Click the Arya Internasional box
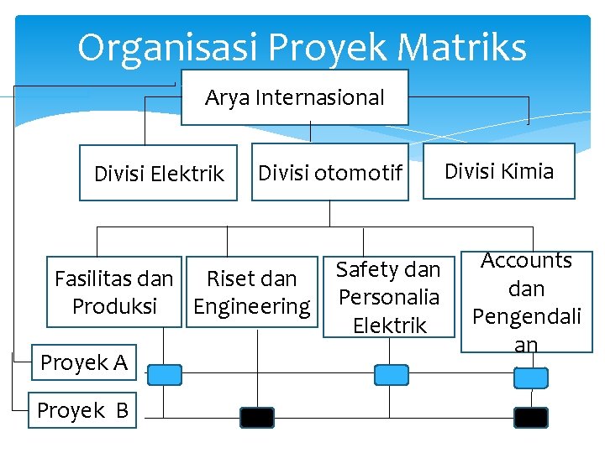(294, 97)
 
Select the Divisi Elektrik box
(158, 174)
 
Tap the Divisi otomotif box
(329, 173)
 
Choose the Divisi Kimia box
(498, 171)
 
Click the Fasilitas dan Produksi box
(114, 292)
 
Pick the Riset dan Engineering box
(251, 292)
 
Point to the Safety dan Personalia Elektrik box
(388, 297)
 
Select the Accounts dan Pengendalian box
(527, 301)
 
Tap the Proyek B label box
(82, 410)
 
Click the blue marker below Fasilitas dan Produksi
(165, 374)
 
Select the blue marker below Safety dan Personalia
(391, 374)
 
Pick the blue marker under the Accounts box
(529, 378)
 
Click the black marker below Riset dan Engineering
(257, 417)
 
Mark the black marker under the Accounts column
(531, 417)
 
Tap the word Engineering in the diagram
(251, 306)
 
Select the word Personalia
(388, 297)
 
